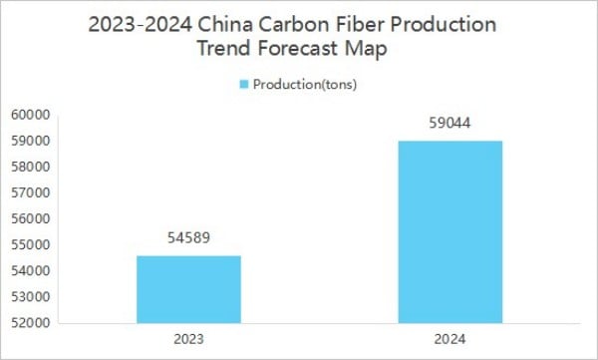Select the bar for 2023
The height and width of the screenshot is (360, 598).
click(188, 289)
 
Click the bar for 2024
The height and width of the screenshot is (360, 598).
click(450, 232)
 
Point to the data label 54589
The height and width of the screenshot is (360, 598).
click(188, 237)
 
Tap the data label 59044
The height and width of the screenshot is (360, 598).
click(450, 123)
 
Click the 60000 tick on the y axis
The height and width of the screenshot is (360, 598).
click(31, 115)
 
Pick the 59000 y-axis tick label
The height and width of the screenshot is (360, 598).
click(31, 141)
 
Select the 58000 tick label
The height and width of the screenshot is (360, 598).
click(31, 167)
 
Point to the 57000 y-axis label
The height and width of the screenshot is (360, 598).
click(31, 192)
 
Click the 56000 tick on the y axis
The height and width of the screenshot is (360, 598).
click(31, 218)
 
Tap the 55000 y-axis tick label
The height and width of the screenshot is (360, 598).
click(31, 244)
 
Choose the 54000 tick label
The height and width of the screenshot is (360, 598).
click(31, 270)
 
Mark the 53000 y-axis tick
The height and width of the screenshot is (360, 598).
click(31, 296)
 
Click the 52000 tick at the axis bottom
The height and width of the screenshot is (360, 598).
click(31, 322)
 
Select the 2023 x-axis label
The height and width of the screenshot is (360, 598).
click(188, 339)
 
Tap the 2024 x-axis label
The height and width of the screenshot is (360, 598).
click(450, 339)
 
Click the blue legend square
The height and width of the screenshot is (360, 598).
click(244, 85)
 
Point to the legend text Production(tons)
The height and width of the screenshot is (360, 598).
click(305, 85)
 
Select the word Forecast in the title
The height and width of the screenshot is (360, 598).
click(298, 49)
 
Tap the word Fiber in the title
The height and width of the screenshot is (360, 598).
click(360, 25)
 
